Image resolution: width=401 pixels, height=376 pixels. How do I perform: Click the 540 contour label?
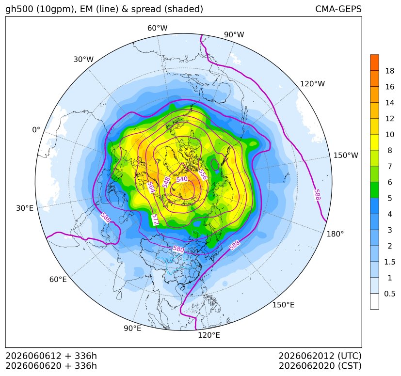(x=182, y=179)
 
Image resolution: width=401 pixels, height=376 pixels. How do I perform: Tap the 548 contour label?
(x=166, y=182)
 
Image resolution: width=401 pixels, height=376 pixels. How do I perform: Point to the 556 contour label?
(x=203, y=174)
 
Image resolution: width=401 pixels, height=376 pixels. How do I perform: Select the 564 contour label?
(x=151, y=188)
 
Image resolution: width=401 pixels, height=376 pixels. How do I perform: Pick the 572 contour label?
(x=155, y=219)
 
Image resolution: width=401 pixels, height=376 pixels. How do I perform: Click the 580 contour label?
(x=178, y=249)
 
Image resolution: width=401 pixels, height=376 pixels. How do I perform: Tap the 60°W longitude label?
(x=157, y=28)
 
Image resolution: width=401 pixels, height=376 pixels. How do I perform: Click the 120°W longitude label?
(x=312, y=84)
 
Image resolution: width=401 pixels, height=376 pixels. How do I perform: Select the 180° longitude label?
(x=335, y=234)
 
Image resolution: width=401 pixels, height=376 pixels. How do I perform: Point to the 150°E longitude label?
(x=283, y=305)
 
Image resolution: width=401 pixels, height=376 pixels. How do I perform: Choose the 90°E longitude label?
(x=132, y=328)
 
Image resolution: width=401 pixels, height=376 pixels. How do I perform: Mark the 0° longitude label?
(x=36, y=130)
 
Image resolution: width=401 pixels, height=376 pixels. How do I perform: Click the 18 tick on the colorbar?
(x=390, y=71)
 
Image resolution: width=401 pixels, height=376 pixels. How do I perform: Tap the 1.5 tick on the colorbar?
(x=389, y=262)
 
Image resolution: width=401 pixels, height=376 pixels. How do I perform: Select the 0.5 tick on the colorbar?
(x=389, y=294)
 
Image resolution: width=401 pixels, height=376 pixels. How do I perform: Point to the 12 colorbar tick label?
(x=390, y=119)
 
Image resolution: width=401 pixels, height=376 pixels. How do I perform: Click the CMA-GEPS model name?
(x=338, y=9)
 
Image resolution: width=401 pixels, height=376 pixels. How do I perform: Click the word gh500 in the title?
(x=19, y=9)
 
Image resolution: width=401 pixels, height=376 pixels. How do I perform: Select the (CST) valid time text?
(x=350, y=366)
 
